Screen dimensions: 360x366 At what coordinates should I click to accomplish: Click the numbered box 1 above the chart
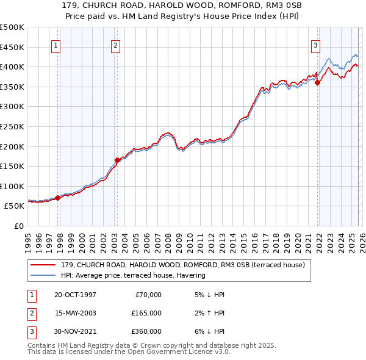coord(56,45)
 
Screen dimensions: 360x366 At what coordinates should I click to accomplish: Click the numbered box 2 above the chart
coord(115,45)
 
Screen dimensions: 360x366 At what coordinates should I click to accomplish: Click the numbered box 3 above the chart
coord(315,45)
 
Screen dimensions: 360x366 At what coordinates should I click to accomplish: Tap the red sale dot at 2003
coord(117,160)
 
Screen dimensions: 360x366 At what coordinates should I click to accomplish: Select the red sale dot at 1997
coord(58,198)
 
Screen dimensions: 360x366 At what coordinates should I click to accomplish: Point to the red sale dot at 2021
coord(317,83)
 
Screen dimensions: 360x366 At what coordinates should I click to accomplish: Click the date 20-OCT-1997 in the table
coord(75,295)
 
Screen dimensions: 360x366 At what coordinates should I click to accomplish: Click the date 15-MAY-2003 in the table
coord(75,313)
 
